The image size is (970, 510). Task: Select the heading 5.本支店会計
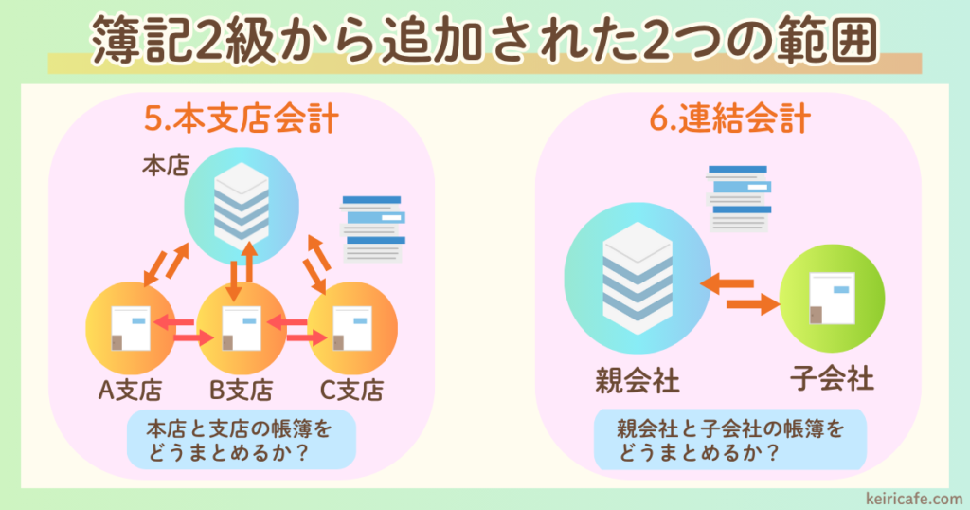click(x=242, y=120)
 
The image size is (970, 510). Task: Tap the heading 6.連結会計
click(x=729, y=120)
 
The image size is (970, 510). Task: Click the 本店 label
click(x=161, y=165)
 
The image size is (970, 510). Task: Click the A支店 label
click(x=130, y=390)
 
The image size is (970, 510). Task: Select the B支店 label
click(x=242, y=390)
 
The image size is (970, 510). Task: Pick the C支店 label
click(x=352, y=390)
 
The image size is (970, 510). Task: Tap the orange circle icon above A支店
click(x=129, y=327)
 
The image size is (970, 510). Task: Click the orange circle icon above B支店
click(x=241, y=327)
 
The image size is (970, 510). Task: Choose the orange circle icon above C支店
click(x=352, y=327)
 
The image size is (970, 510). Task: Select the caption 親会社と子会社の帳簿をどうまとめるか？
click(x=729, y=441)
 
